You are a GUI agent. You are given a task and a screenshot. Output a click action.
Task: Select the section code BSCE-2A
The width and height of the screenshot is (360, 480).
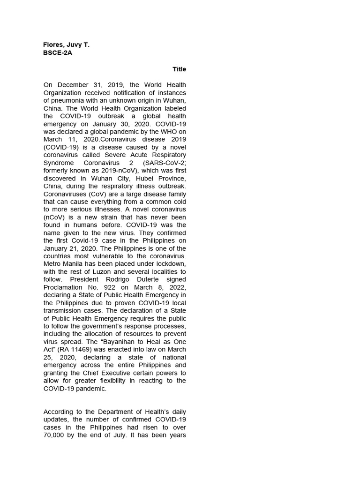[x=58, y=53]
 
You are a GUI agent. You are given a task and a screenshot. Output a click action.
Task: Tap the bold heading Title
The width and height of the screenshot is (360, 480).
[x=179, y=69]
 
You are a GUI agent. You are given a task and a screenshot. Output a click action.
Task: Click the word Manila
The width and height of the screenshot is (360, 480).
[x=75, y=264]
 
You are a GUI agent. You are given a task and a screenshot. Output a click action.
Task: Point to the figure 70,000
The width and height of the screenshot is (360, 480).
[x=54, y=435]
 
